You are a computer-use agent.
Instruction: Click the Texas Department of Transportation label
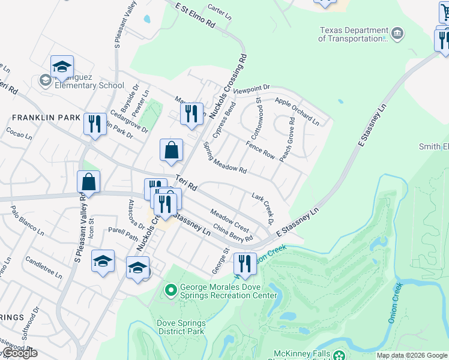(354, 34)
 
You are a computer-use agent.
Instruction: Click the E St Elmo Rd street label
(195, 16)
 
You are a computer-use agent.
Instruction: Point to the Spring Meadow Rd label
(224, 158)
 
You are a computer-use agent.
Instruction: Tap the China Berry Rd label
(233, 234)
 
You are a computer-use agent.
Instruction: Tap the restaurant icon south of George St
(244, 263)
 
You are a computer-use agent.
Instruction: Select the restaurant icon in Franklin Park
(95, 124)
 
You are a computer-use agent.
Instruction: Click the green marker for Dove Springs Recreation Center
(171, 291)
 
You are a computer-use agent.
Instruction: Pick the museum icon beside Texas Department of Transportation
(397, 34)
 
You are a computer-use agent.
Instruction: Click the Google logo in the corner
(19, 353)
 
